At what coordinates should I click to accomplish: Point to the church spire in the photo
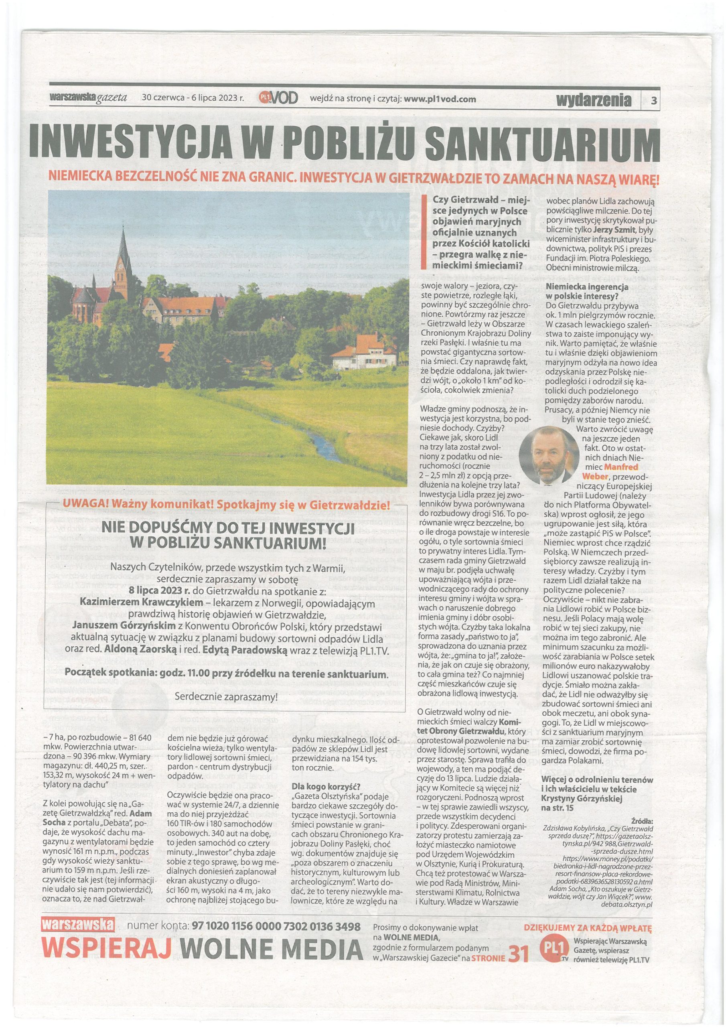click(124, 248)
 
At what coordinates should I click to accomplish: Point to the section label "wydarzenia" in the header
click(594, 99)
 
